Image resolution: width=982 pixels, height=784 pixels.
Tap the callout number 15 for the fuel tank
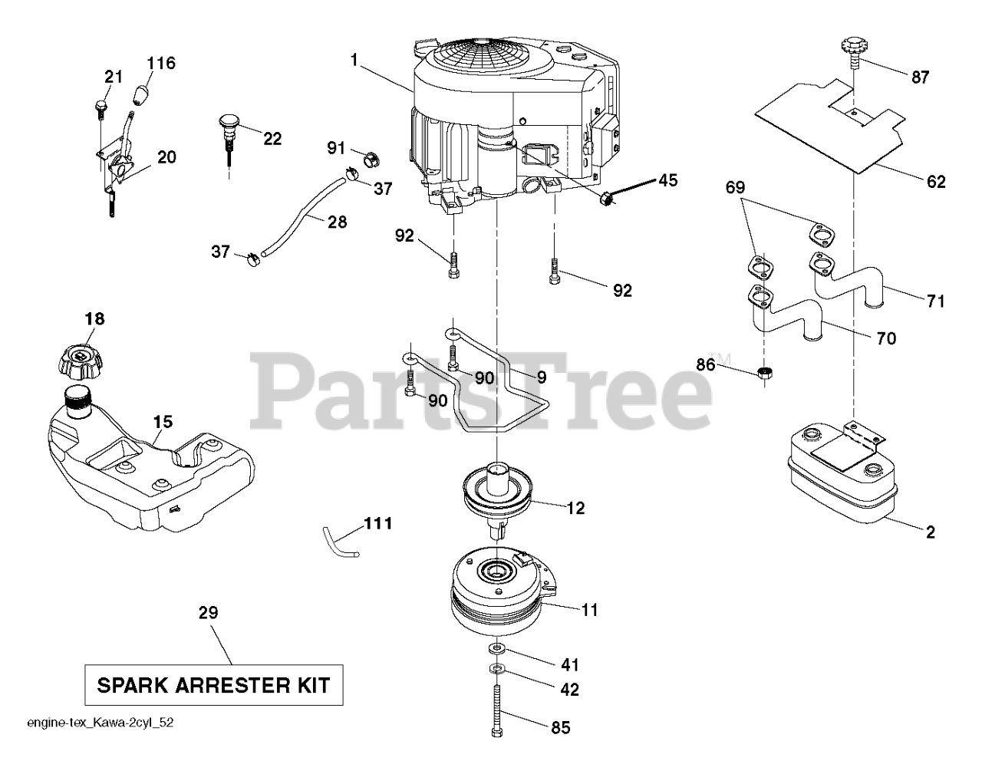162,422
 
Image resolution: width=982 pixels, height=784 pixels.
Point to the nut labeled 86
765,373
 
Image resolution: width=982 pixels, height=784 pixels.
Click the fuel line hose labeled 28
303,215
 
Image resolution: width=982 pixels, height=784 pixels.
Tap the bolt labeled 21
101,106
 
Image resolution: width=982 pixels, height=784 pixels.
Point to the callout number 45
667,181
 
